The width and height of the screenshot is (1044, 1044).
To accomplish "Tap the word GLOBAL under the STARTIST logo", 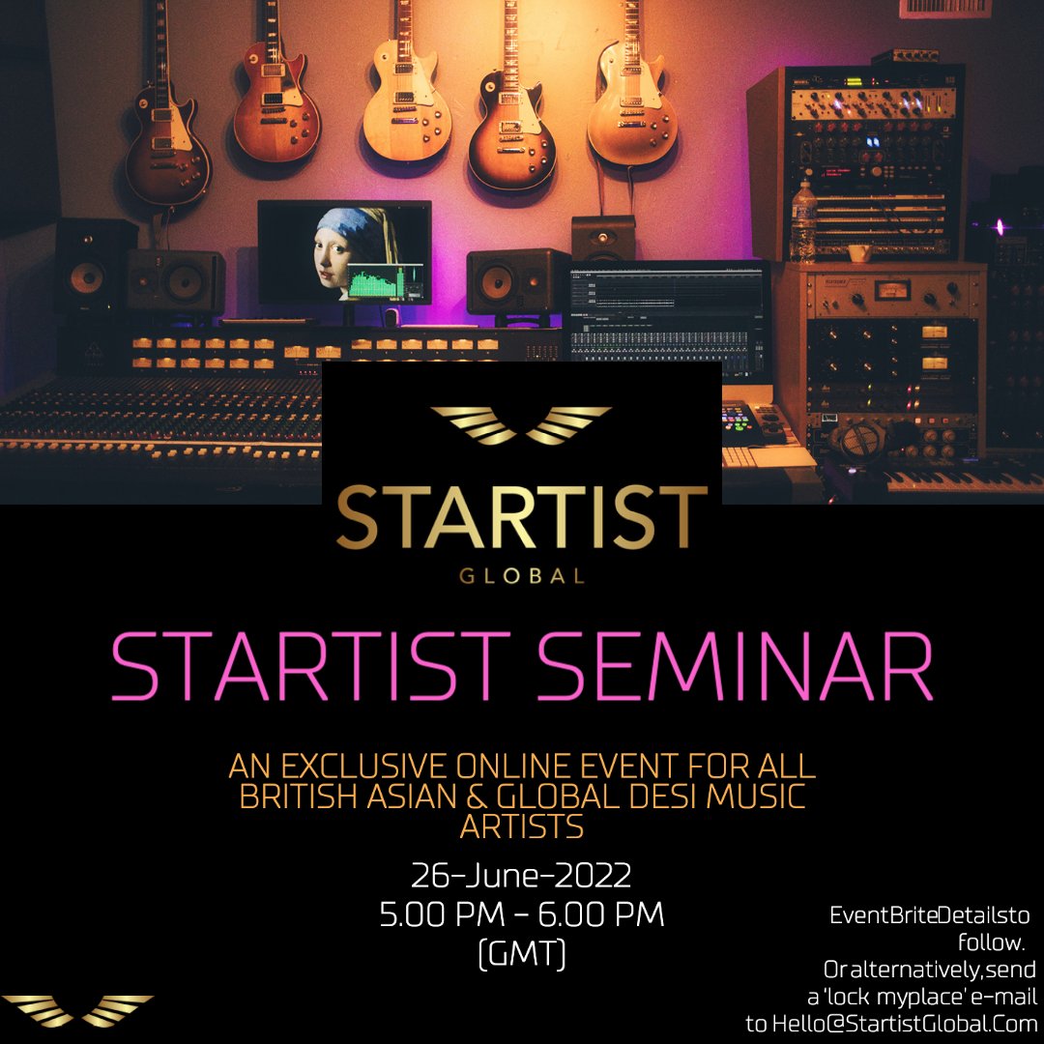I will [x=522, y=577].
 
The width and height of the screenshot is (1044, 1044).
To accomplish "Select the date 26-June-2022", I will [x=522, y=877].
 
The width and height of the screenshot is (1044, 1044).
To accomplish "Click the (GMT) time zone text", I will [x=522, y=954].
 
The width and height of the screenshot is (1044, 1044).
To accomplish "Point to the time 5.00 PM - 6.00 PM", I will [x=522, y=915].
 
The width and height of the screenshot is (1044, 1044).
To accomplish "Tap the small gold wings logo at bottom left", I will [x=77, y=1010].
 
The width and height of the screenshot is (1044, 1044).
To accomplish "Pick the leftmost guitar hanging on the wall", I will [x=166, y=155].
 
